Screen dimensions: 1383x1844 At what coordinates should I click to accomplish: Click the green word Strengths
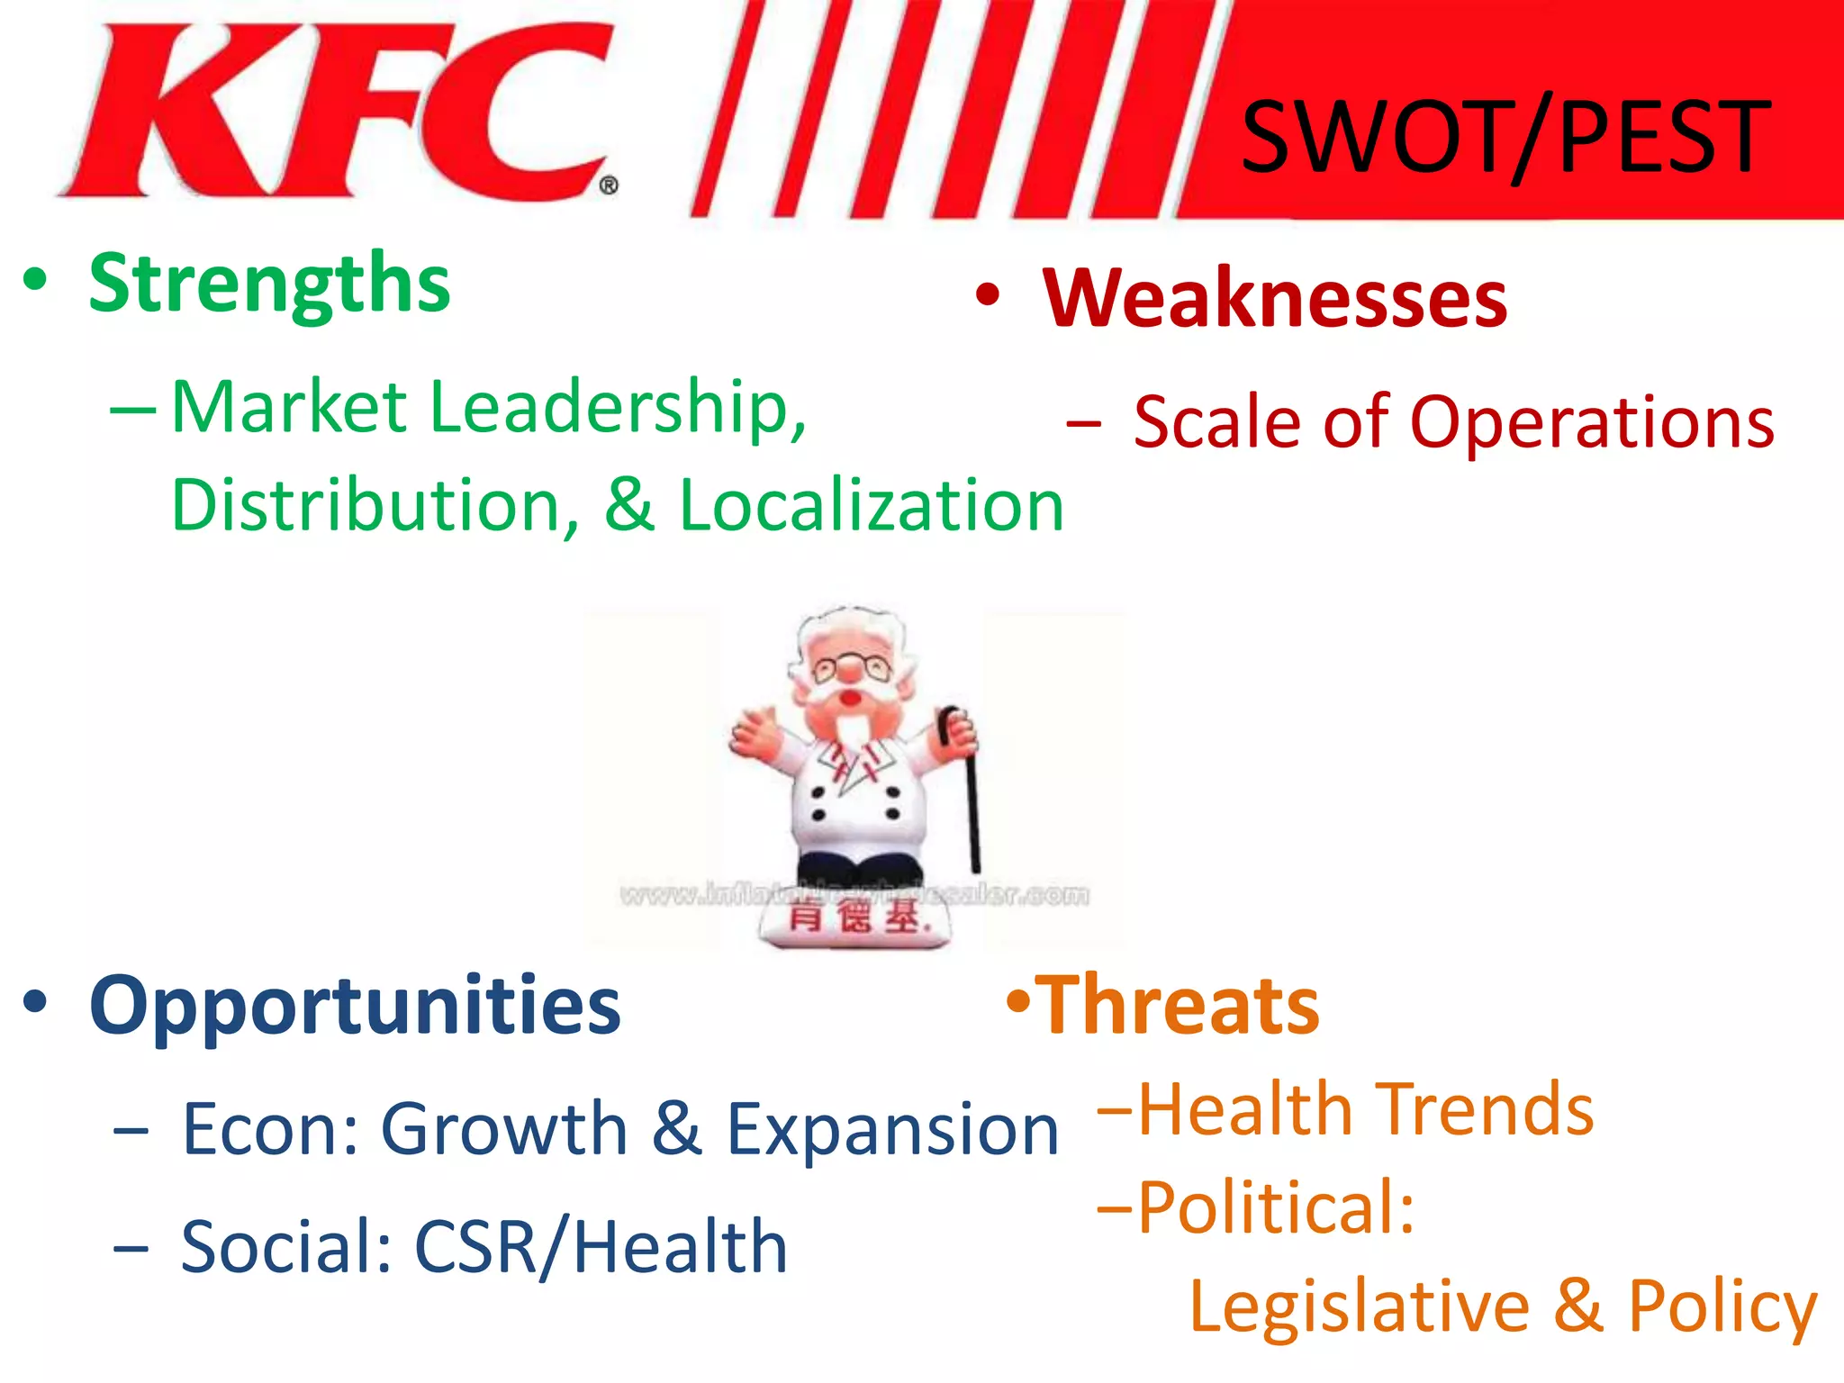tap(269, 285)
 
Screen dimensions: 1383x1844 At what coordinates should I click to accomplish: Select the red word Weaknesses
tap(1274, 300)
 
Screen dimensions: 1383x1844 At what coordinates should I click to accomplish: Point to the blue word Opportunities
tap(355, 1007)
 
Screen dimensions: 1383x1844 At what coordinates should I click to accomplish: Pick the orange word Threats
tap(1180, 1007)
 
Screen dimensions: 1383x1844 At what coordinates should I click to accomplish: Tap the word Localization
tap(871, 505)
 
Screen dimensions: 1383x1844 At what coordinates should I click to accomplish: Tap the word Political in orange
tap(1275, 1207)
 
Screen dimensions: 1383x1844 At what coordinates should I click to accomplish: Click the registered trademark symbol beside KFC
tap(609, 186)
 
